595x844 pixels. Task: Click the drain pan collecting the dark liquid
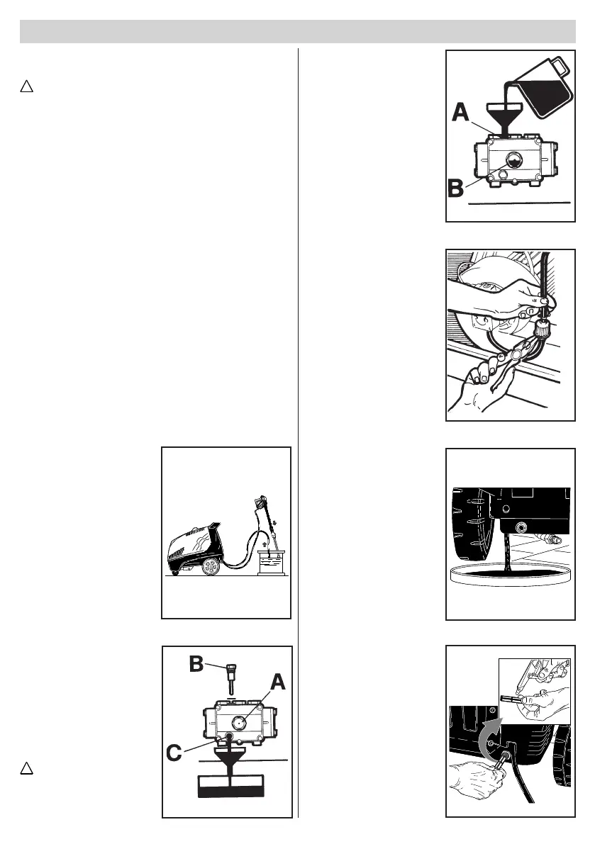pos(511,573)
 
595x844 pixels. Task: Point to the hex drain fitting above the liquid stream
pos(523,528)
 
